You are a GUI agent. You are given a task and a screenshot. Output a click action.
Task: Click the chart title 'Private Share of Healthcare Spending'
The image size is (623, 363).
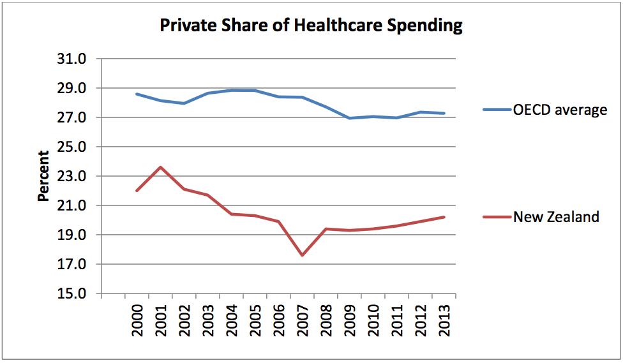tap(311, 26)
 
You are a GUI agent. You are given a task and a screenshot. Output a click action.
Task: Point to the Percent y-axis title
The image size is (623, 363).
tap(43, 176)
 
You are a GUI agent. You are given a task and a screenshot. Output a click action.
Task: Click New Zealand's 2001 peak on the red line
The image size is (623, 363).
tap(160, 167)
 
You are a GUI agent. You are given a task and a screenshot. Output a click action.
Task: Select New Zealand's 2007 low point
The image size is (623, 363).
tap(302, 255)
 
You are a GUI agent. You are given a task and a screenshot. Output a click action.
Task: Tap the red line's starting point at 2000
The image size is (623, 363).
tap(137, 191)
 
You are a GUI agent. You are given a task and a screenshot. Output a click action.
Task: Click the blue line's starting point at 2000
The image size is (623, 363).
tap(137, 94)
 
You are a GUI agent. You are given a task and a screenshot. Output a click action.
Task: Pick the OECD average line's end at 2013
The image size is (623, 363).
tap(444, 114)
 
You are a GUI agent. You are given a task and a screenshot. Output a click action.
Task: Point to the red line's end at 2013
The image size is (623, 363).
tap(444, 217)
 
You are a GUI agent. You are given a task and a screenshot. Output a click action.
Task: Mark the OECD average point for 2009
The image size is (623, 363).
tap(349, 118)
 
